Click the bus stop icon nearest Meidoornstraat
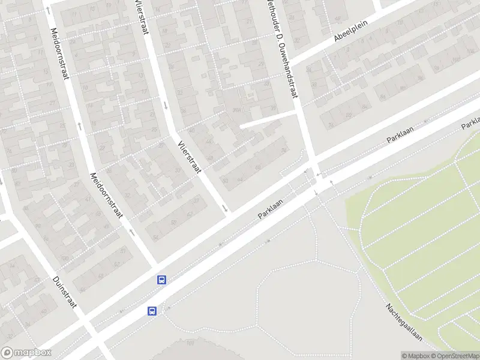point(161,280)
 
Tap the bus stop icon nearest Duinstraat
point(152,311)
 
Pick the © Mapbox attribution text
point(416,356)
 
